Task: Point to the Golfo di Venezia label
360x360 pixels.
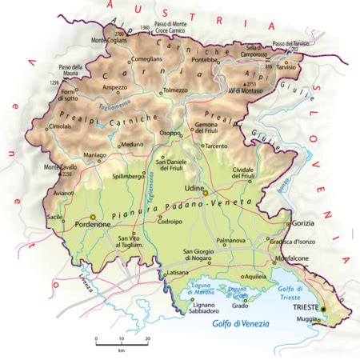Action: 240,324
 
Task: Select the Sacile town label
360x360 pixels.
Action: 55,217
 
